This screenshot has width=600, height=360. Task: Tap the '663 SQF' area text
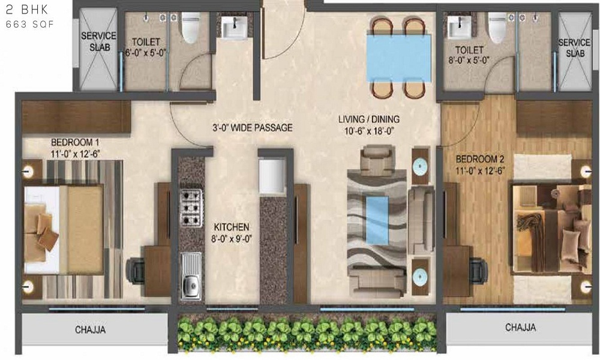point(24,25)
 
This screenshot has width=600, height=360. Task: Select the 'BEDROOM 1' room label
point(75,142)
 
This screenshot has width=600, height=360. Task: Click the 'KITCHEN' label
point(232,227)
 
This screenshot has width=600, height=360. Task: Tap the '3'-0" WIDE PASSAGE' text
point(252,128)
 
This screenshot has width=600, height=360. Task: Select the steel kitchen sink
point(191,277)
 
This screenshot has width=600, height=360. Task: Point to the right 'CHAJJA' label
point(520,328)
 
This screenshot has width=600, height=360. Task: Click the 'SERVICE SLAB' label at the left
point(98,41)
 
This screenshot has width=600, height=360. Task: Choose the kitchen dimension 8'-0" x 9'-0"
point(232,238)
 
